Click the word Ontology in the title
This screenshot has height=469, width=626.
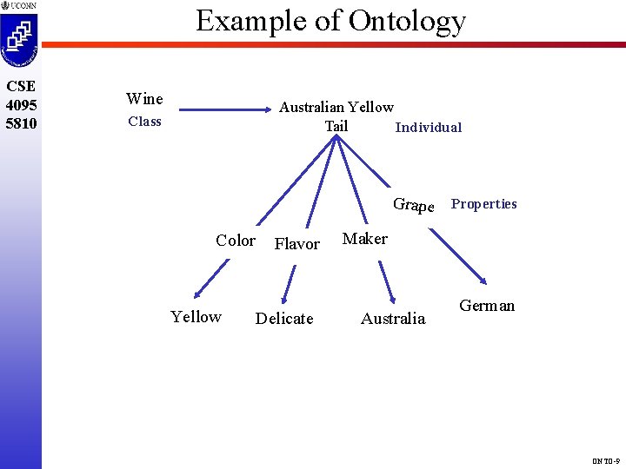407,21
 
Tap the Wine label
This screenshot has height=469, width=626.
144,99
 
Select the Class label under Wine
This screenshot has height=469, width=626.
144,122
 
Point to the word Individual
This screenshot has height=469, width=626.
428,128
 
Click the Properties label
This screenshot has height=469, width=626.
483,204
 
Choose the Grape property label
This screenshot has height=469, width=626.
413,205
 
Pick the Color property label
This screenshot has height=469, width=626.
236,241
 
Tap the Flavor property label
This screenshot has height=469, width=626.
296,244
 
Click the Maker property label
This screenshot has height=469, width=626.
365,239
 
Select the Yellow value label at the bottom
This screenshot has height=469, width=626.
196,317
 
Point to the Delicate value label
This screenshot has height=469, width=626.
284,319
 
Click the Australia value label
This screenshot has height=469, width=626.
393,319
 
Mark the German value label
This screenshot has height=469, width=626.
487,306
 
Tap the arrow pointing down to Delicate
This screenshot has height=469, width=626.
288,285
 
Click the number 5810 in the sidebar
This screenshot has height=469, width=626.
20,123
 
